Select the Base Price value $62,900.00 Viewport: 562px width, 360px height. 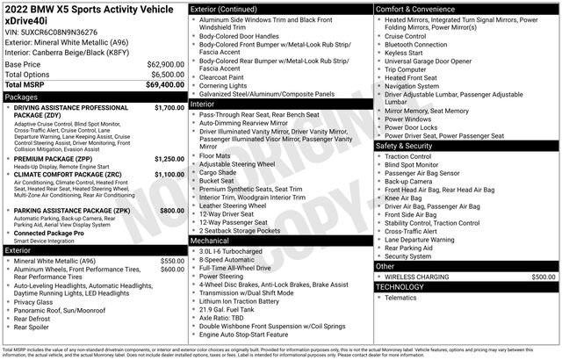click(164, 65)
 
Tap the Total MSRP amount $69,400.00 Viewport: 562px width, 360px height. click(164, 84)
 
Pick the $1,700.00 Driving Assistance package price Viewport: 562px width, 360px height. click(169, 108)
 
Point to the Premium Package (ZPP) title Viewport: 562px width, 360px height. click(61, 160)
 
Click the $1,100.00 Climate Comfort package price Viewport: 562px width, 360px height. click(169, 176)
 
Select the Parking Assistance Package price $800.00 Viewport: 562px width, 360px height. click(171, 212)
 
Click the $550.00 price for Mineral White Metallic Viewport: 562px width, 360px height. click(172, 262)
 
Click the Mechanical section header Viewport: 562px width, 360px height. click(209, 240)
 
